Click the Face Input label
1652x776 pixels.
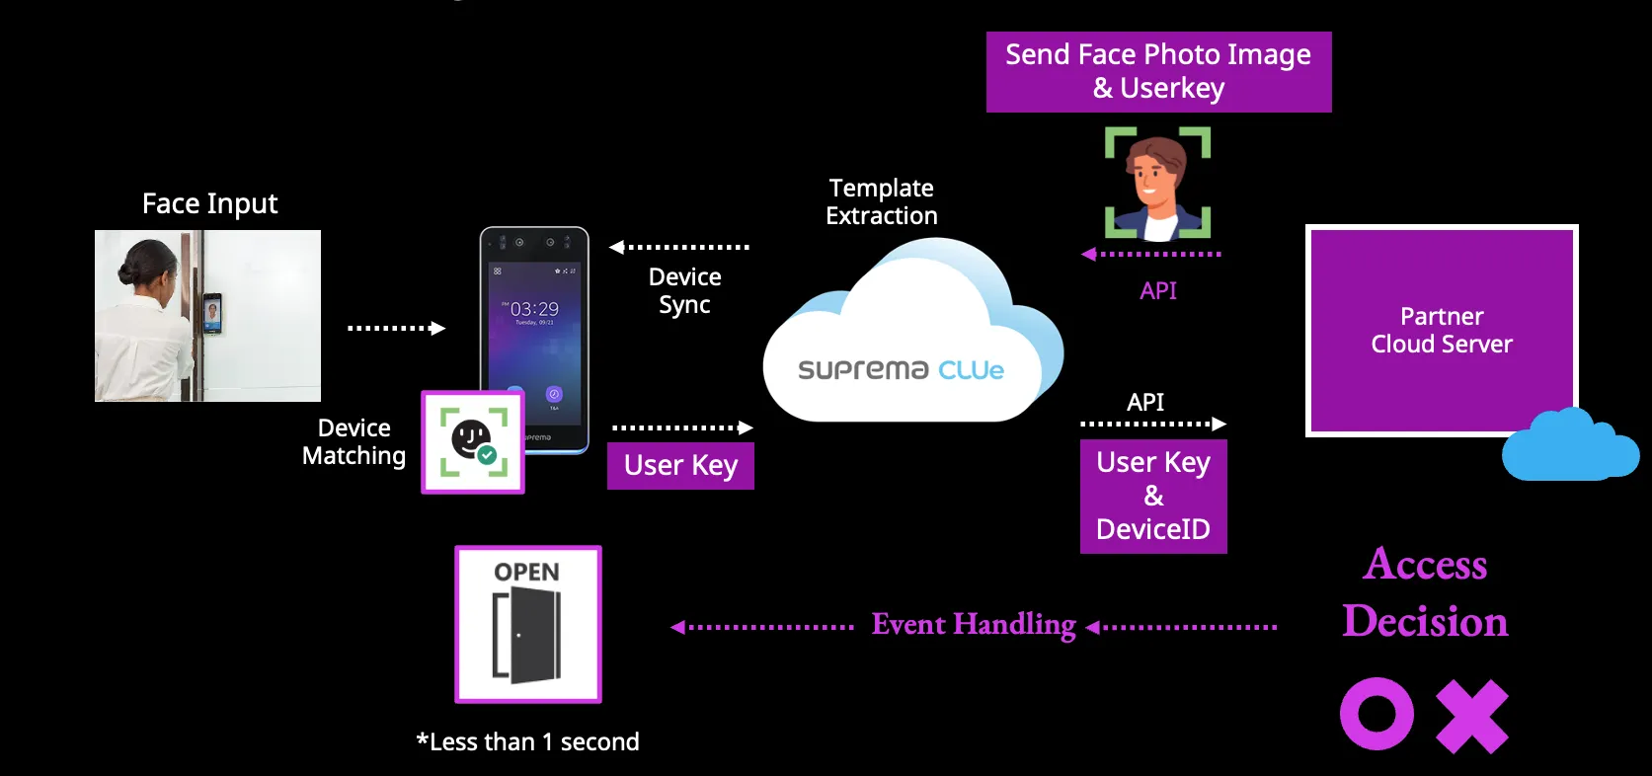pyautogui.click(x=209, y=204)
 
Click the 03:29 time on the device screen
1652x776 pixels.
pyautogui.click(x=534, y=309)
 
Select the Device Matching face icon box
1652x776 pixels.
pyautogui.click(x=473, y=442)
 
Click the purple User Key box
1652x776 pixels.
pyautogui.click(x=680, y=466)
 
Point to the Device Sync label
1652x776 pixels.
pyautogui.click(x=684, y=290)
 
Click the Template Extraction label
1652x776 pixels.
pyautogui.click(x=882, y=201)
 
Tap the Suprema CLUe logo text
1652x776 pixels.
pyautogui.click(x=901, y=370)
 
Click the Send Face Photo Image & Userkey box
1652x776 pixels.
pyautogui.click(x=1158, y=71)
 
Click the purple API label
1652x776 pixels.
pyautogui.click(x=1157, y=291)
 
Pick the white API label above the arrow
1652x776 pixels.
pyautogui.click(x=1145, y=402)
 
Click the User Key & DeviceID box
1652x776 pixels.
pyautogui.click(x=1153, y=496)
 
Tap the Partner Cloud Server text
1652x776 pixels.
pyautogui.click(x=1441, y=330)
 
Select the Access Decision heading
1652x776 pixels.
pyautogui.click(x=1425, y=592)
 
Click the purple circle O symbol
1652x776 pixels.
pyautogui.click(x=1377, y=714)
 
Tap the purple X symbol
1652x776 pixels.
pyautogui.click(x=1472, y=716)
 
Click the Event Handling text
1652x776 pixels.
pyautogui.click(x=974, y=625)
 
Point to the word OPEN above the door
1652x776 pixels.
pyautogui.click(x=526, y=573)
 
